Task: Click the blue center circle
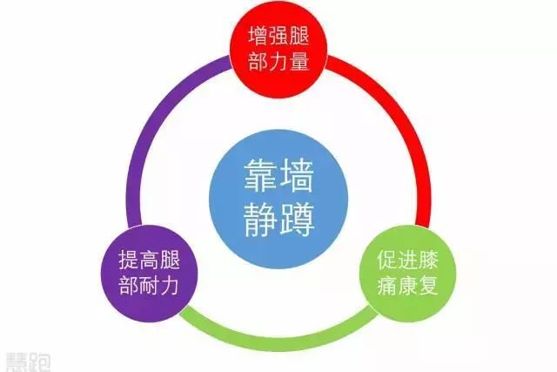(x=278, y=193)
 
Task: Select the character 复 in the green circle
(x=419, y=286)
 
